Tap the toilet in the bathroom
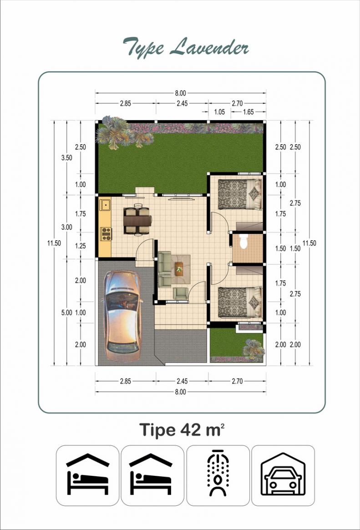pyautogui.click(x=244, y=242)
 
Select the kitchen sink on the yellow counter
pyautogui.click(x=105, y=205)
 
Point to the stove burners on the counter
pyautogui.click(x=106, y=234)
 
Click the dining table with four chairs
pyautogui.click(x=138, y=220)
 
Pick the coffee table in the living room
pyautogui.click(x=179, y=269)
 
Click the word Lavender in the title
pyautogui.click(x=209, y=47)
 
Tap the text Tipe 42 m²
pyautogui.click(x=182, y=430)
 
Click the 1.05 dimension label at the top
pyautogui.click(x=219, y=112)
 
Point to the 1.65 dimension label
pyautogui.click(x=248, y=112)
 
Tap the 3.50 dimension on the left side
pyautogui.click(x=66, y=157)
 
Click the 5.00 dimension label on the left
pyautogui.click(x=66, y=313)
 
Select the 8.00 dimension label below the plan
pyautogui.click(x=181, y=392)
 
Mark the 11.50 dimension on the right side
pyautogui.click(x=309, y=243)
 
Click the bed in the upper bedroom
pyautogui.click(x=240, y=194)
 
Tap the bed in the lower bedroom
pyautogui.click(x=240, y=302)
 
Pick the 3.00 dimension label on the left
pyautogui.click(x=66, y=227)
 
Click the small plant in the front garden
pyautogui.click(x=254, y=348)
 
